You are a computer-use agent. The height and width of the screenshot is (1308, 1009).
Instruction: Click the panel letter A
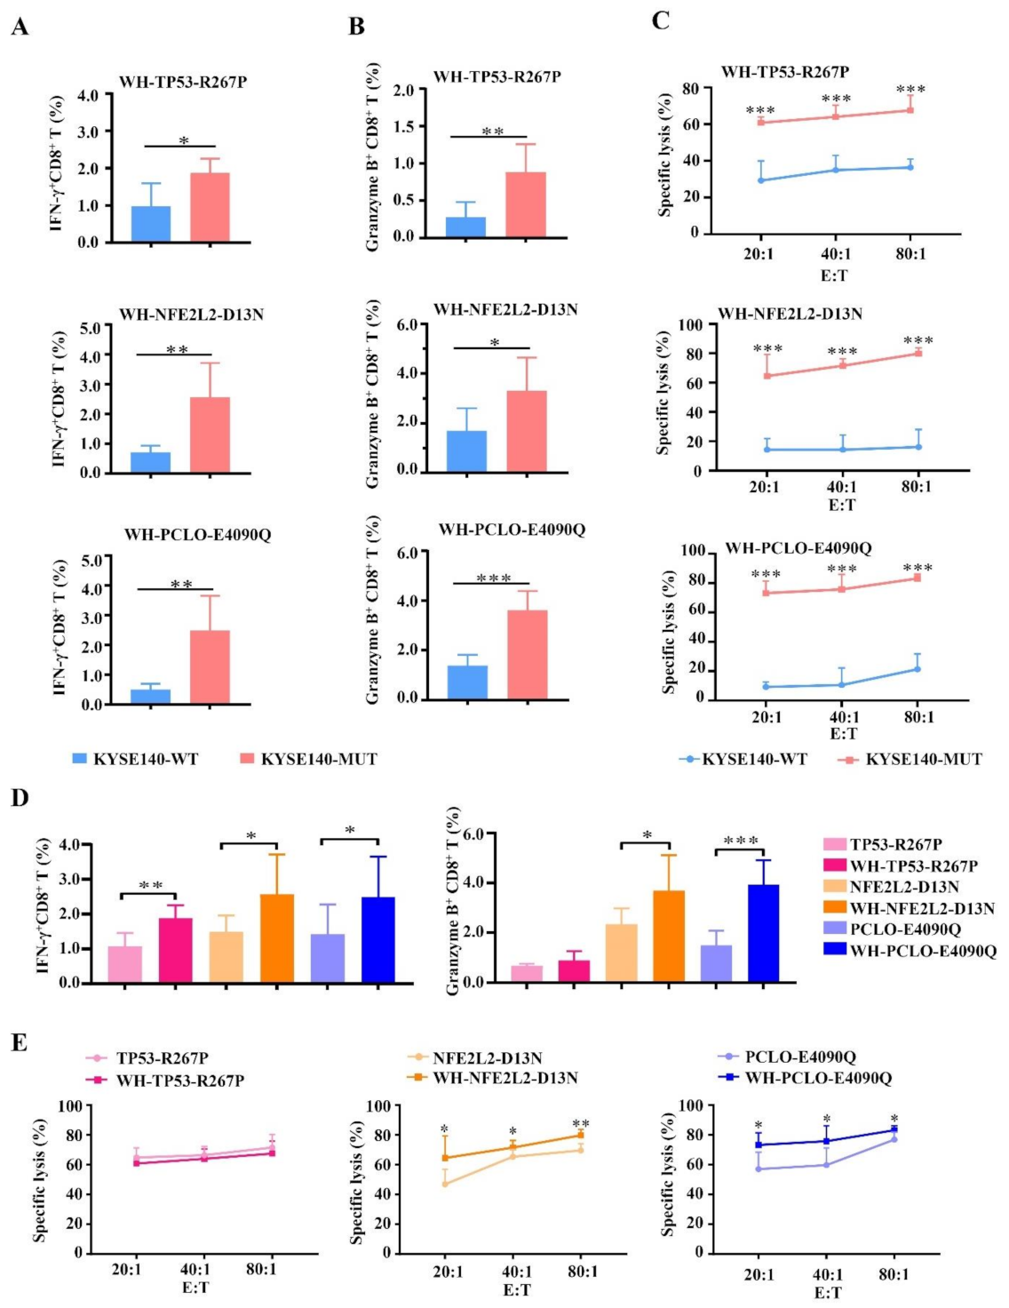pyautogui.click(x=20, y=28)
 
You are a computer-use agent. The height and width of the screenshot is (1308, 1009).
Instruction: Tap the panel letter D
pyautogui.click(x=20, y=797)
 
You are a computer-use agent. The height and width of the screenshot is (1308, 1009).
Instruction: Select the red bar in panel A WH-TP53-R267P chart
pyautogui.click(x=210, y=207)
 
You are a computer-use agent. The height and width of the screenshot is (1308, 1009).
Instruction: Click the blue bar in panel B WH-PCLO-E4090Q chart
pyautogui.click(x=467, y=682)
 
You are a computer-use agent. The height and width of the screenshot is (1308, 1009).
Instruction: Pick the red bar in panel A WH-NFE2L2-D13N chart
pyautogui.click(x=210, y=435)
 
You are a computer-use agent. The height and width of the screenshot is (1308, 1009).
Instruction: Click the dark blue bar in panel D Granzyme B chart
pyautogui.click(x=763, y=933)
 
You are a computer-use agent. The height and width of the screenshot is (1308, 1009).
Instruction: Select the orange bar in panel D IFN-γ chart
pyautogui.click(x=276, y=938)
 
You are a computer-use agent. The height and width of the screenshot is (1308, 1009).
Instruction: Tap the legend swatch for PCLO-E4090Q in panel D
pyautogui.click(x=834, y=929)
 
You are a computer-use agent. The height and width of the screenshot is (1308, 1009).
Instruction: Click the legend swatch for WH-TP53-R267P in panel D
pyautogui.click(x=834, y=865)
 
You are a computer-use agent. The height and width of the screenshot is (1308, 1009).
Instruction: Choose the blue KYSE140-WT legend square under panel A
pyautogui.click(x=80, y=759)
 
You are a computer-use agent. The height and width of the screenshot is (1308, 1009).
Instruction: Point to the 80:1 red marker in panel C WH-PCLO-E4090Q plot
pyautogui.click(x=918, y=578)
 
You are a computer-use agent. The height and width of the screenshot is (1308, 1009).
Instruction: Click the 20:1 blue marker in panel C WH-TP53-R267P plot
pyautogui.click(x=760, y=180)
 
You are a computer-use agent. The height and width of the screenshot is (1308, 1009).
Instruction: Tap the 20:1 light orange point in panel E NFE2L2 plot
pyautogui.click(x=445, y=1184)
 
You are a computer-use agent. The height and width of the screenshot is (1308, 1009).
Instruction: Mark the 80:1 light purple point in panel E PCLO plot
pyautogui.click(x=894, y=1139)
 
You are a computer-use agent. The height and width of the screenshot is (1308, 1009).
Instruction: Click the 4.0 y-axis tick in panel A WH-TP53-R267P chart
pyautogui.click(x=87, y=94)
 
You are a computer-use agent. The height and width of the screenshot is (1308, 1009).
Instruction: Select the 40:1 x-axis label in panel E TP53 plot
pyautogui.click(x=195, y=1269)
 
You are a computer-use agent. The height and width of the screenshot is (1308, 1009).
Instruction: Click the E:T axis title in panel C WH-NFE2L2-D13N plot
pyautogui.click(x=842, y=505)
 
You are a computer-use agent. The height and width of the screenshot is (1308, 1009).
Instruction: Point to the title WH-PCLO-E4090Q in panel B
pyautogui.click(x=512, y=530)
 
